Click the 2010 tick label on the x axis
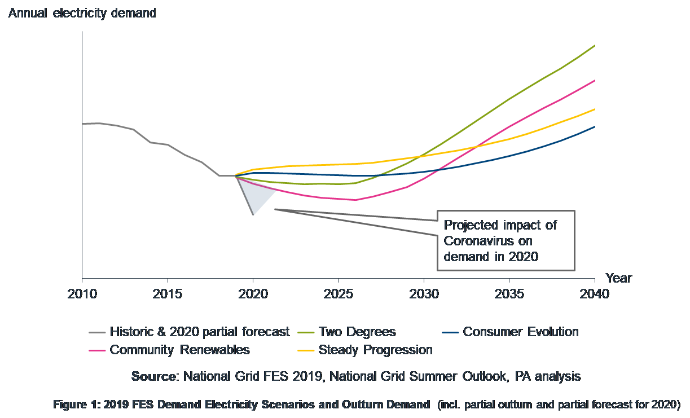click(x=82, y=294)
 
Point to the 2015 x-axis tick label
click(x=167, y=294)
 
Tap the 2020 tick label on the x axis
click(x=253, y=294)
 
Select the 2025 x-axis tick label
click(x=338, y=294)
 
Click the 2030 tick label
click(x=424, y=294)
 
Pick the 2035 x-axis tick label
click(x=509, y=294)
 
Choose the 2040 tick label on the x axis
click(x=594, y=294)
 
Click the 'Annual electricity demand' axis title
click(x=82, y=13)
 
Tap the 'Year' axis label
click(x=619, y=278)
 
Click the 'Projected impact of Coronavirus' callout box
click(x=506, y=241)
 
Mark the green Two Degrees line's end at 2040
click(x=595, y=46)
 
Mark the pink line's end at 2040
click(x=595, y=81)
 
